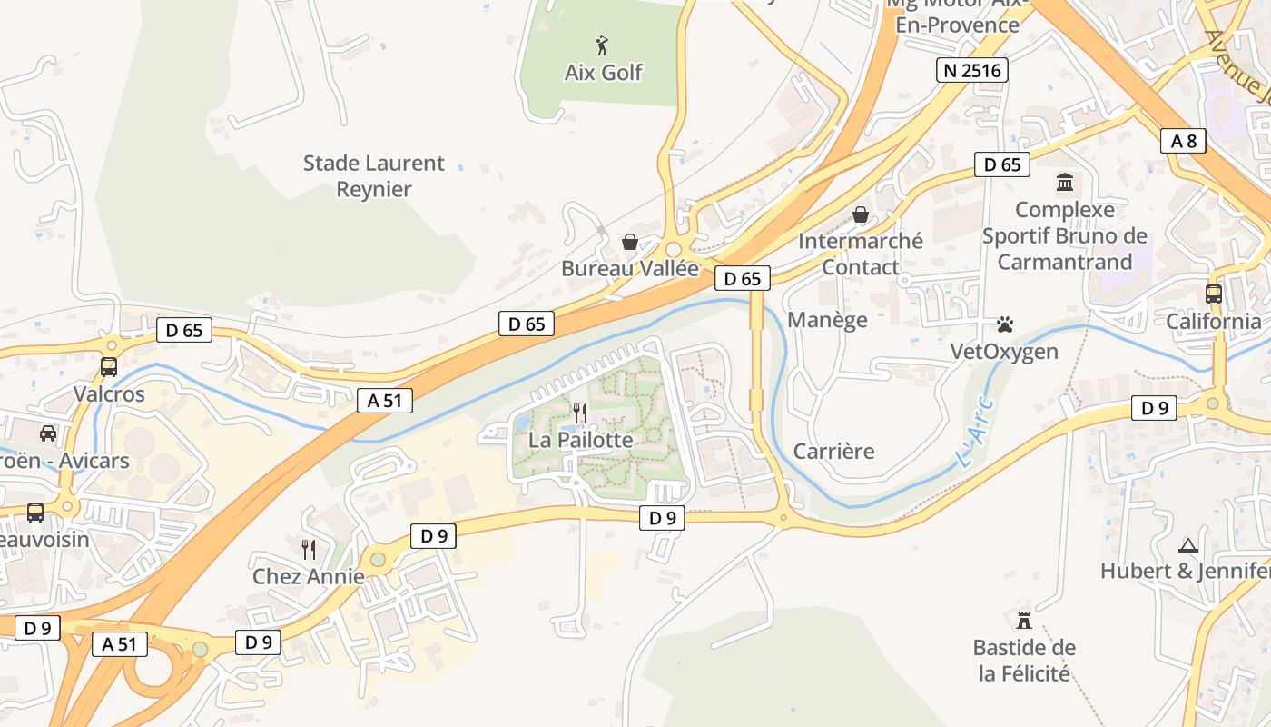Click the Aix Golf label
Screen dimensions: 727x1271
pos(604,73)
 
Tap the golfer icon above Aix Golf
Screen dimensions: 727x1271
pos(601,44)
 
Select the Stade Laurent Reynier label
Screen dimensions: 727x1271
pos(374,176)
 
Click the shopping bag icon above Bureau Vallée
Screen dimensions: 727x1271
pos(629,242)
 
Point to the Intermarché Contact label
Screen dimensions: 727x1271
pos(860,254)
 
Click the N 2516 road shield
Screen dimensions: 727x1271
pos(972,70)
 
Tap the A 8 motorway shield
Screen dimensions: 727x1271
pos(1183,140)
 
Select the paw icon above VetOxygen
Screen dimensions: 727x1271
pos(1004,324)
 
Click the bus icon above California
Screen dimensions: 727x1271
pos(1213,294)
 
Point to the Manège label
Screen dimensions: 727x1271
pos(827,320)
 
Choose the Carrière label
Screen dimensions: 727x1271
pos(833,451)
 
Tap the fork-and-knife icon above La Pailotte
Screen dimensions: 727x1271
pos(580,413)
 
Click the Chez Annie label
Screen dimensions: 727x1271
pos(309,576)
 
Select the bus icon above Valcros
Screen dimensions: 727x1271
pos(109,367)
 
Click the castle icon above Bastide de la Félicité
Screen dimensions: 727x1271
pos(1024,621)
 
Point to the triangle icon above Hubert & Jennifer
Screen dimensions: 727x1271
pos(1187,545)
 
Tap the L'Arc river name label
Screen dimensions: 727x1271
pos(976,433)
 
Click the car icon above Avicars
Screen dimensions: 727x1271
pos(48,433)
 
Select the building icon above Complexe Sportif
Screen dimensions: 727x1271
pos(1064,183)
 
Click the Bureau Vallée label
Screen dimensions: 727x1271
pos(630,268)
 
